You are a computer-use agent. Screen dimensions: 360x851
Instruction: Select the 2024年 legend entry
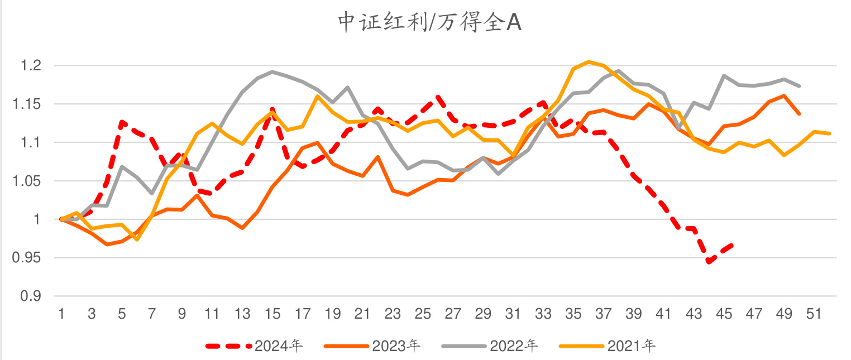(x=278, y=346)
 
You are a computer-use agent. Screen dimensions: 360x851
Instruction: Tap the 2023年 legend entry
(x=396, y=346)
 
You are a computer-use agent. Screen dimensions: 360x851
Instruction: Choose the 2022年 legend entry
(x=514, y=346)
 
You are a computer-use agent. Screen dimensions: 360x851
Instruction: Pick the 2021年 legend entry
(x=632, y=346)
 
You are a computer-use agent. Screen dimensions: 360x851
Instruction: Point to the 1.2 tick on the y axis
(x=32, y=66)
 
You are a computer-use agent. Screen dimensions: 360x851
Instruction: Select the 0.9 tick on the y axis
(x=32, y=296)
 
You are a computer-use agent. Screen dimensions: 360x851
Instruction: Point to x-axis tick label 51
(x=815, y=314)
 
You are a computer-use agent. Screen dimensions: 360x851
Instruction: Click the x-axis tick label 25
(x=423, y=314)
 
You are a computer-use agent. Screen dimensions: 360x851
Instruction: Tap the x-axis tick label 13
(x=242, y=314)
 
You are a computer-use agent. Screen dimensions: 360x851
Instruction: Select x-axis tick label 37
(x=604, y=314)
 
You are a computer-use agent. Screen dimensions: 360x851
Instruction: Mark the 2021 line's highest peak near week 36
(x=589, y=61)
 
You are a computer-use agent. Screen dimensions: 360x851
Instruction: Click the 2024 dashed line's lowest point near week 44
(x=709, y=261)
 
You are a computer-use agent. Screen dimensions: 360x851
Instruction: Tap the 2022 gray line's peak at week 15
(x=272, y=71)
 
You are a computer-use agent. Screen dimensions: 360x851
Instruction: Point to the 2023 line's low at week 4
(x=107, y=244)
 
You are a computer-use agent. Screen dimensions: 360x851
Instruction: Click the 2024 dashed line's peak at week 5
(x=122, y=122)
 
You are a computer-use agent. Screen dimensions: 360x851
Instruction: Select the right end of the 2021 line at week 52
(x=830, y=133)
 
